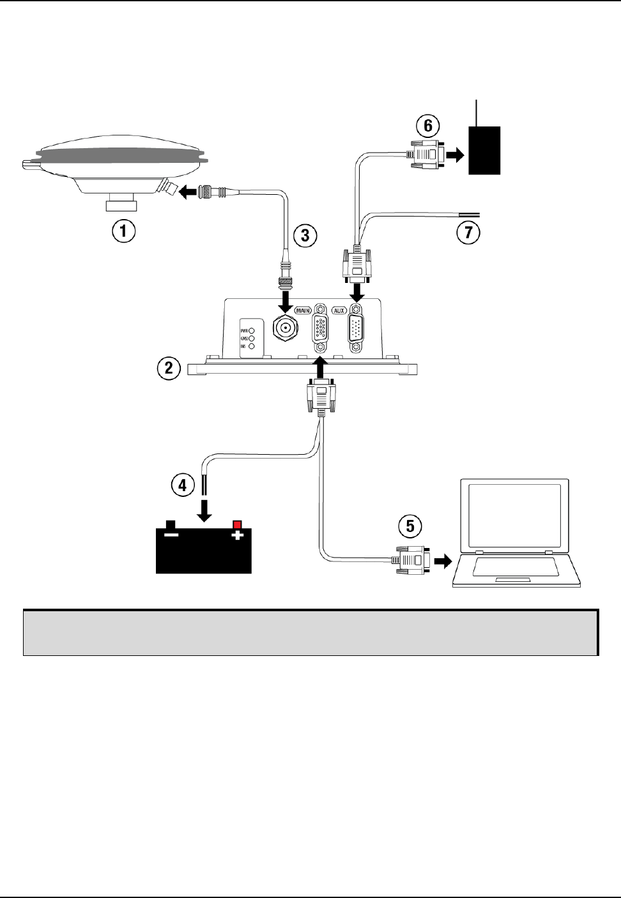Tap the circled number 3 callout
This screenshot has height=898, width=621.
click(304, 235)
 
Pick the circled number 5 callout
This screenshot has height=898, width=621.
click(410, 526)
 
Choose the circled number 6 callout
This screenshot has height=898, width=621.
click(427, 125)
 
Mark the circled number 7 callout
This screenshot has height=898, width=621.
click(468, 233)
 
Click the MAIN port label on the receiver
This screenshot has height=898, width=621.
click(302, 311)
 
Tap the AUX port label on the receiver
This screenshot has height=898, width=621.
click(339, 311)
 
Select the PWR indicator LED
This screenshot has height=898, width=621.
click(252, 331)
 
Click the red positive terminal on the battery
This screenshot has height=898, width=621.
click(238, 524)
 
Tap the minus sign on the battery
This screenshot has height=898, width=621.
click(171, 535)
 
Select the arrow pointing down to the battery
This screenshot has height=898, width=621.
click(204, 511)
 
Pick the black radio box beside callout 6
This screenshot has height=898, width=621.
click(484, 150)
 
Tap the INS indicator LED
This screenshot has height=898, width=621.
click(252, 346)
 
